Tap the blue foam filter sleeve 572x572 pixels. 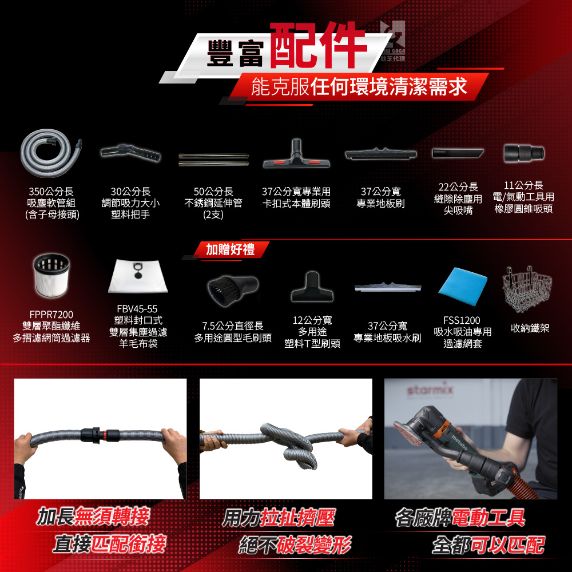pos(463,287)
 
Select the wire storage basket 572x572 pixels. pos(527,289)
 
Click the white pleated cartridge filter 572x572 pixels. pos(51,276)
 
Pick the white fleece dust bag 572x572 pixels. pos(138,276)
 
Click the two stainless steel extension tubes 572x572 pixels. pos(213,160)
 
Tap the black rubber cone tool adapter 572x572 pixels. pos(524,153)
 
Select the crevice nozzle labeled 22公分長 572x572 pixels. pos(458,153)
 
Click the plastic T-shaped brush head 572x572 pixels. pos(312,288)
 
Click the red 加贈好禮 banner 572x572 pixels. pos(231,250)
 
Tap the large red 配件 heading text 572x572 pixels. pos(317,46)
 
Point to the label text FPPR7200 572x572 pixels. pos(51,315)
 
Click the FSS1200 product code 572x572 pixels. pos(462,320)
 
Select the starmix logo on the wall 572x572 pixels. pos(430,390)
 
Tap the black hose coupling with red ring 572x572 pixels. pos(100,435)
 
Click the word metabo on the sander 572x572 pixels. pos(459,442)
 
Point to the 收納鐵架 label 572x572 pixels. pos(530,328)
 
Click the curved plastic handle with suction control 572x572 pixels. pos(130,153)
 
